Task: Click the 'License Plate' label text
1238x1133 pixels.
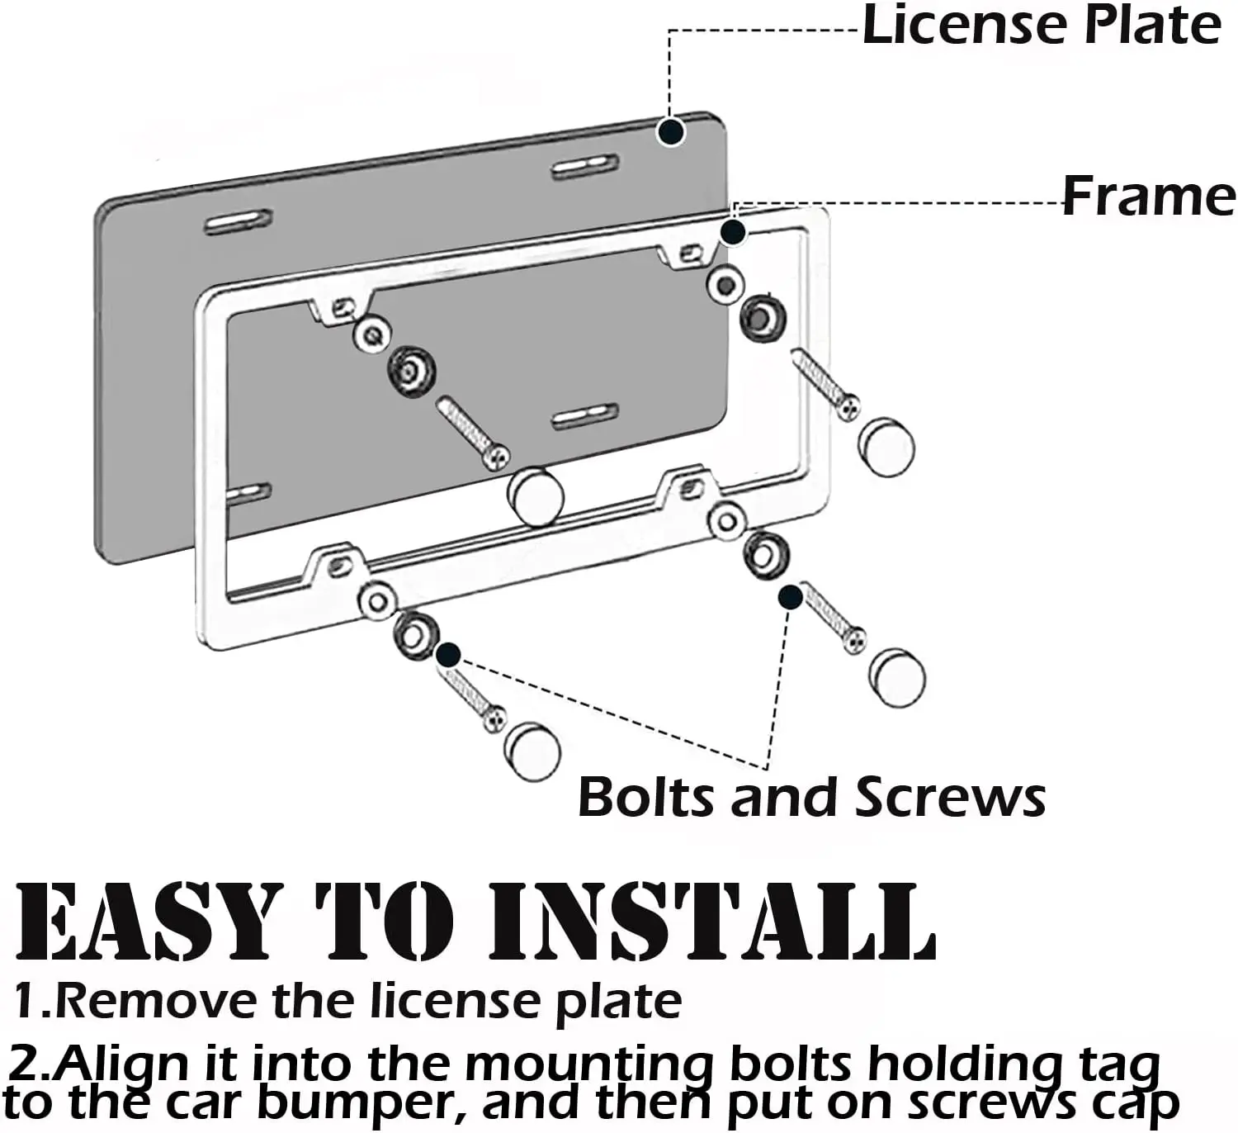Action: [x=1042, y=25]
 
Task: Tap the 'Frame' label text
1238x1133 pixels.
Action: [x=1148, y=197]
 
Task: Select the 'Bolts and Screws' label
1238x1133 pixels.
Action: [x=811, y=798]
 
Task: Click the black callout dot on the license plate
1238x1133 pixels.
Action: [x=672, y=130]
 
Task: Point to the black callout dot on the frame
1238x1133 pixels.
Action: [x=732, y=232]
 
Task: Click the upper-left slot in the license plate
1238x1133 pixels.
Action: [x=239, y=222]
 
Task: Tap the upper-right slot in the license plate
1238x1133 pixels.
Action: [x=585, y=167]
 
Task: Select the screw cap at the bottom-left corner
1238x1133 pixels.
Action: [x=532, y=751]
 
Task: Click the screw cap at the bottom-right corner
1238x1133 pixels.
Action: [x=898, y=677]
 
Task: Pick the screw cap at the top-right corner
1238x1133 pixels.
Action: [x=887, y=447]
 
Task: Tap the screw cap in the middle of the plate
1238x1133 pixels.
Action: [x=537, y=496]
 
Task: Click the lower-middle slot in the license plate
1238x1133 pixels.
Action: [x=585, y=416]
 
